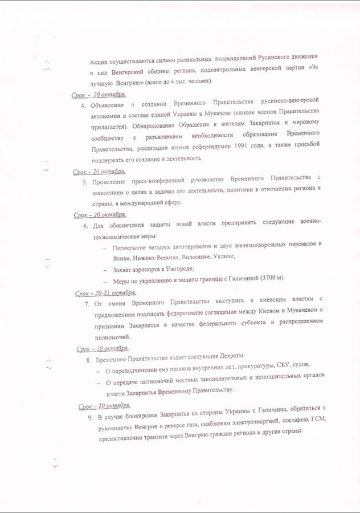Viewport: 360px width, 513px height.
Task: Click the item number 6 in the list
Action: point(85,226)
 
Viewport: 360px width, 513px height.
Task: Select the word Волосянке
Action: point(185,257)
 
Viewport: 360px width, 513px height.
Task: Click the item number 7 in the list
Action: point(87,302)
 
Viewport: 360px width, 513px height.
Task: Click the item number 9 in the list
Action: point(91,418)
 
